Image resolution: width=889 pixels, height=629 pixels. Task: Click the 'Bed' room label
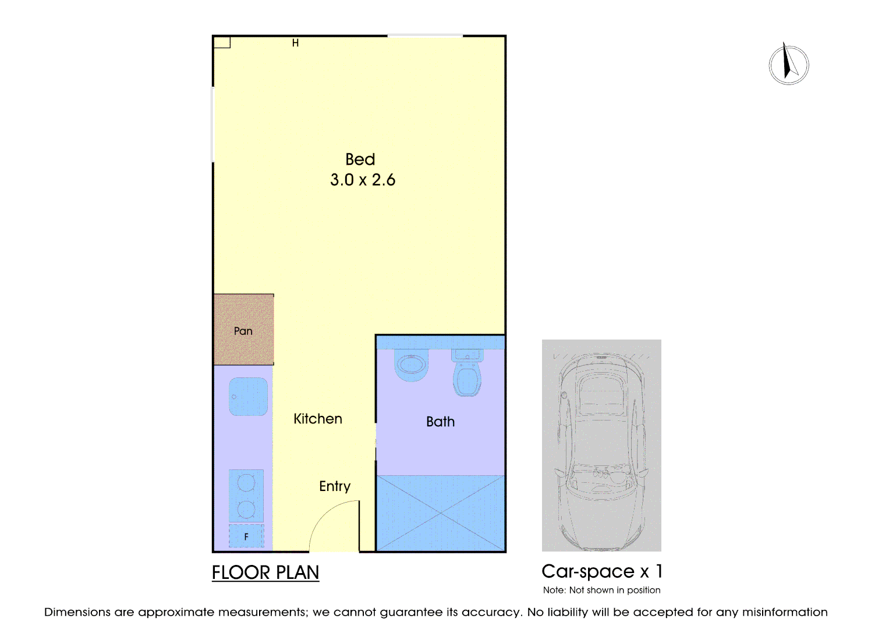point(360,159)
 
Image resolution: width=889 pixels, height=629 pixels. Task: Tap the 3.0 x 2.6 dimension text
point(362,180)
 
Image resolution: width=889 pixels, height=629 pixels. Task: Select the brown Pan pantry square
point(243,330)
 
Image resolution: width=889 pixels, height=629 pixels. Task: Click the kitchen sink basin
point(249,397)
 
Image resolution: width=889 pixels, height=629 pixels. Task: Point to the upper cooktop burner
point(246,483)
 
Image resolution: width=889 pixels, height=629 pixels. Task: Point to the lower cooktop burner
point(246,510)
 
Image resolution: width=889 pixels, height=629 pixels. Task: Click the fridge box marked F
point(246,536)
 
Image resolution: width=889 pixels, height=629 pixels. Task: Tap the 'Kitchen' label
point(317,419)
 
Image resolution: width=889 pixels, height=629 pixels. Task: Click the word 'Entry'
point(335,486)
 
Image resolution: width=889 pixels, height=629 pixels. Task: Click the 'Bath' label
point(440,422)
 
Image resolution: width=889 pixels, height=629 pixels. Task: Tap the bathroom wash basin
point(412,366)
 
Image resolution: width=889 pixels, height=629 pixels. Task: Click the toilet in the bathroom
point(467,374)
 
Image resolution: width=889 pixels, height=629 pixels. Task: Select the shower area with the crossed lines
point(440,513)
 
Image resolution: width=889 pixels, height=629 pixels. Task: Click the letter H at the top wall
point(295,43)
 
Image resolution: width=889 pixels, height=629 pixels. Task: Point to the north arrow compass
point(788,65)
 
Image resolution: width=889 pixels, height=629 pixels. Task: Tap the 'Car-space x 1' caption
point(602,571)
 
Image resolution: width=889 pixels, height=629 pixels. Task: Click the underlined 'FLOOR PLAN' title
point(265,573)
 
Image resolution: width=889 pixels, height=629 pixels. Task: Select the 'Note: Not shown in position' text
point(601,590)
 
